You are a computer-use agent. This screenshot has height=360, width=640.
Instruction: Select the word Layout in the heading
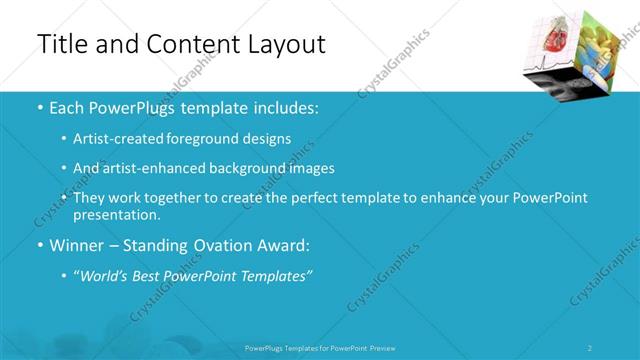tap(284, 45)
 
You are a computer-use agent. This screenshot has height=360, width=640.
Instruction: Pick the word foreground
tap(212, 139)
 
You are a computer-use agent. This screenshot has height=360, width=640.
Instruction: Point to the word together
tap(179, 198)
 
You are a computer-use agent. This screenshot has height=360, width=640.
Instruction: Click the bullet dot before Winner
tap(39, 245)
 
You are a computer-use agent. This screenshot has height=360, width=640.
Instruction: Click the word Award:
tap(291, 245)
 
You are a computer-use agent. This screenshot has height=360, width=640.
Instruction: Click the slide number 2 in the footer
tap(590, 347)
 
